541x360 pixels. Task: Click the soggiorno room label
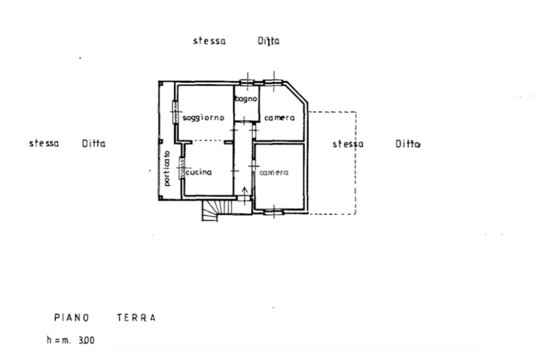point(203,118)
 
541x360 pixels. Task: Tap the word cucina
point(200,172)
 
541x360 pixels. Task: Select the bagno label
point(246,99)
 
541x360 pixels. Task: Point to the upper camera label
point(279,118)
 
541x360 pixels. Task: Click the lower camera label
point(274,173)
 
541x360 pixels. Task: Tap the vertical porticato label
point(167,168)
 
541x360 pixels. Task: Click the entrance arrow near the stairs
point(244,191)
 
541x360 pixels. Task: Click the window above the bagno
point(247,82)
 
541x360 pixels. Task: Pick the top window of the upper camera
point(273,82)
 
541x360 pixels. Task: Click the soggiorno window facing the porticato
point(174,112)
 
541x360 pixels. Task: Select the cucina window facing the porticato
point(182,168)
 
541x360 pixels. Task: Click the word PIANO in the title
point(72,318)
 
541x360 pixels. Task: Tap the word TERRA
point(136,318)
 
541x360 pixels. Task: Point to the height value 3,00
point(86,340)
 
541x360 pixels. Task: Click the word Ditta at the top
point(268,41)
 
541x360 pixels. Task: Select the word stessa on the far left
point(44,143)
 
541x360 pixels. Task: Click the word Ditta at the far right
point(408,144)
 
